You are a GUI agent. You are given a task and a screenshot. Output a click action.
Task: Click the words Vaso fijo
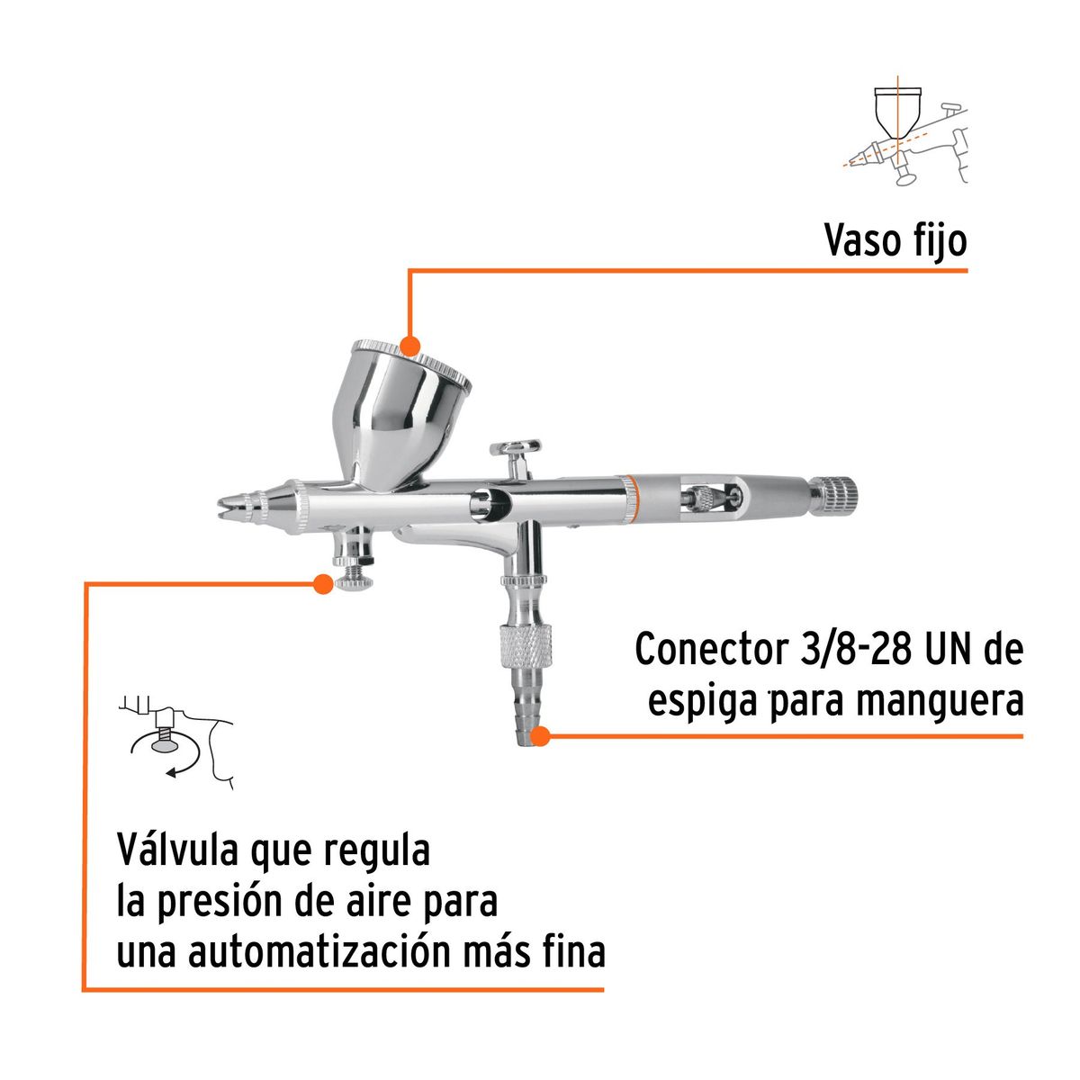[x=895, y=240]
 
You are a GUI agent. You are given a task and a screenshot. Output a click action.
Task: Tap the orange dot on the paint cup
[x=410, y=347]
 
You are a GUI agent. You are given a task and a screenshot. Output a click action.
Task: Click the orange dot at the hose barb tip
[x=540, y=737]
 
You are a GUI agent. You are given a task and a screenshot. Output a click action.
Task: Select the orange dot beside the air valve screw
[x=321, y=584]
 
